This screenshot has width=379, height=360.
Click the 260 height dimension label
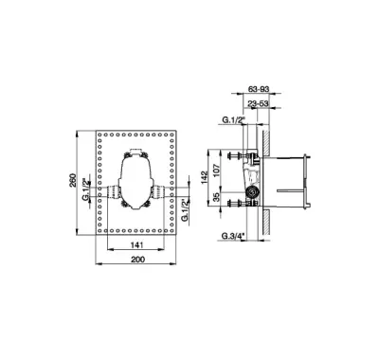click(73, 180)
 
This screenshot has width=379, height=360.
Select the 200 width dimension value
click(137, 260)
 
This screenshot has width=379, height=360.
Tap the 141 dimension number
click(137, 244)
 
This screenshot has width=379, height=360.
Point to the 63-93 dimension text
click(259, 89)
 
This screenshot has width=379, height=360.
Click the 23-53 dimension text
click(259, 103)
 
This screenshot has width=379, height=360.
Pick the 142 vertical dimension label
click(205, 177)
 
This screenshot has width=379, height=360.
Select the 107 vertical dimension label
click(216, 171)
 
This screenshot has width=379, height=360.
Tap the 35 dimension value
click(216, 198)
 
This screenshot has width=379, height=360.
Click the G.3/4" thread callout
click(233, 236)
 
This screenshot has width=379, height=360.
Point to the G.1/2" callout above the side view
click(234, 120)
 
